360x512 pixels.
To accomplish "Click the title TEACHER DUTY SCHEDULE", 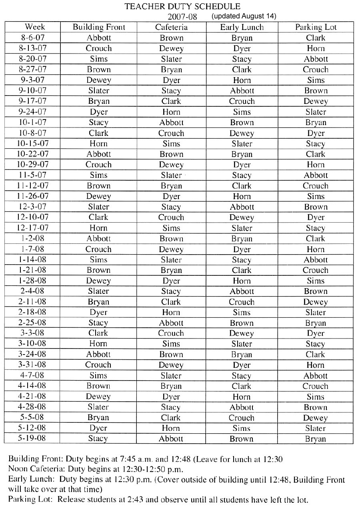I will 182,6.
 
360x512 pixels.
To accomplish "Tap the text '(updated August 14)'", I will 244,16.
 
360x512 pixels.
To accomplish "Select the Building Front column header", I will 99,27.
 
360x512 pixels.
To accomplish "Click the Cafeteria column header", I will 171,27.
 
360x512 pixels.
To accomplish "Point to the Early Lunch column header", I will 242,27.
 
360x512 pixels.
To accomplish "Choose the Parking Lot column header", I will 316,27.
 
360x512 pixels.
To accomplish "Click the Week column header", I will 35,27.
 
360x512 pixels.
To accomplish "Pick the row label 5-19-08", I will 32,438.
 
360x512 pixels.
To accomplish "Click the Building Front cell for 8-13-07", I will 99,48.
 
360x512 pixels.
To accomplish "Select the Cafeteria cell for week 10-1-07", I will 171,122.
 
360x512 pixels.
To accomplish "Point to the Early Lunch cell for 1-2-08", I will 242,239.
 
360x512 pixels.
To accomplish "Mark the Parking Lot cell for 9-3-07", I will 316,80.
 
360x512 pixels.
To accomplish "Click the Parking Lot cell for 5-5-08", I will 316,418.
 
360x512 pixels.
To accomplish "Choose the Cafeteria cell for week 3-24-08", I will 171,354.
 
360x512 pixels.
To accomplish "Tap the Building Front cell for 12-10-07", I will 99,217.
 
